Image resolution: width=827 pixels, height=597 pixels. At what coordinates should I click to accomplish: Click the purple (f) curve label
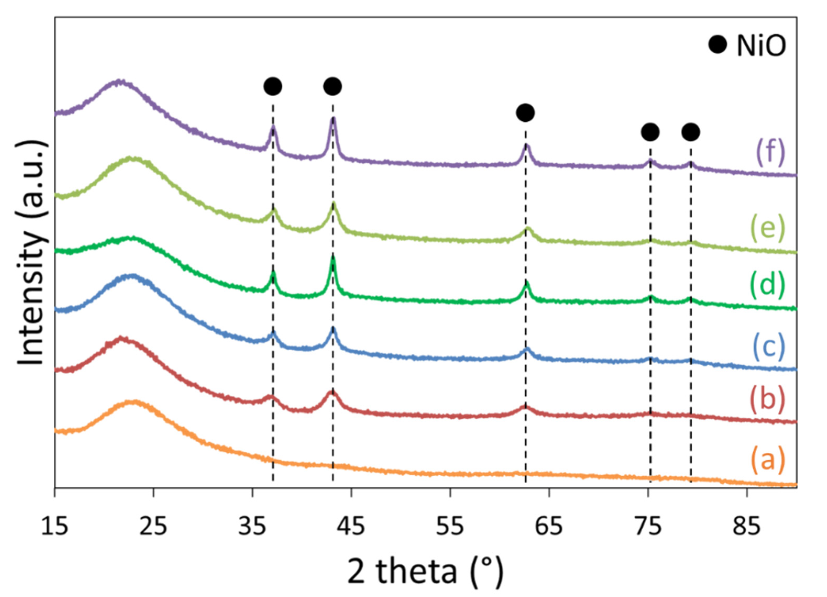[770, 153]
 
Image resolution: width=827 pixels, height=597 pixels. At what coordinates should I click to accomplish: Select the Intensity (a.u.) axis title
[32, 252]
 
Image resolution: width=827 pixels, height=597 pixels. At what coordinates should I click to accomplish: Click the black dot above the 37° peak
[273, 86]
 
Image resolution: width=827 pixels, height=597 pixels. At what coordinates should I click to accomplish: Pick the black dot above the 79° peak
[691, 132]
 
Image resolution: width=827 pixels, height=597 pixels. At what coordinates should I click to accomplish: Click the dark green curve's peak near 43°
[333, 258]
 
